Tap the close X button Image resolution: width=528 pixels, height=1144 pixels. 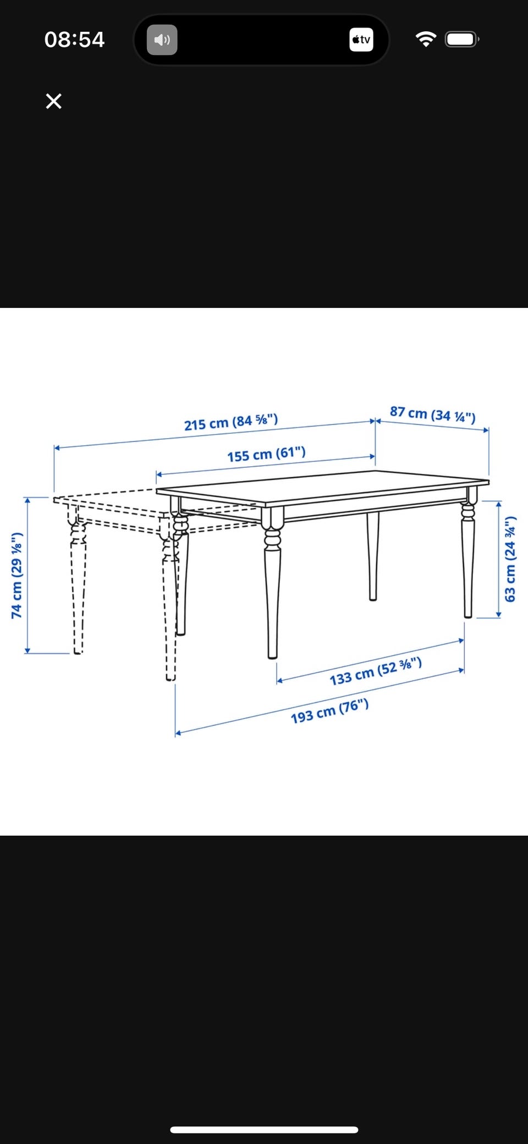53,101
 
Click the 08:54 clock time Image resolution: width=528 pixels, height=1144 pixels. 74,40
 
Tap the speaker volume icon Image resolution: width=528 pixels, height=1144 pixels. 162,40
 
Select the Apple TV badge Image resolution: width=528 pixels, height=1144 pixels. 361,40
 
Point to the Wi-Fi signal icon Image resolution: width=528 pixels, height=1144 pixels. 425,39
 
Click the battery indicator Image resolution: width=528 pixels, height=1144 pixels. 462,40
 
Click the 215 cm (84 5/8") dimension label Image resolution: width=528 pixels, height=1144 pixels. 231,422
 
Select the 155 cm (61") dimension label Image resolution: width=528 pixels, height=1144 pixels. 266,454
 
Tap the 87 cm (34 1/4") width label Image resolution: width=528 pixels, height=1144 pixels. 433,414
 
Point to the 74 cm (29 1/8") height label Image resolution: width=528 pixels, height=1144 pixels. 17,575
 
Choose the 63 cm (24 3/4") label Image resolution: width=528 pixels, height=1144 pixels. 510,559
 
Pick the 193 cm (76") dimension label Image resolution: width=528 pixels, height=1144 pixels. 329,711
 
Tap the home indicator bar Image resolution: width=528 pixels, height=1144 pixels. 264,1130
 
